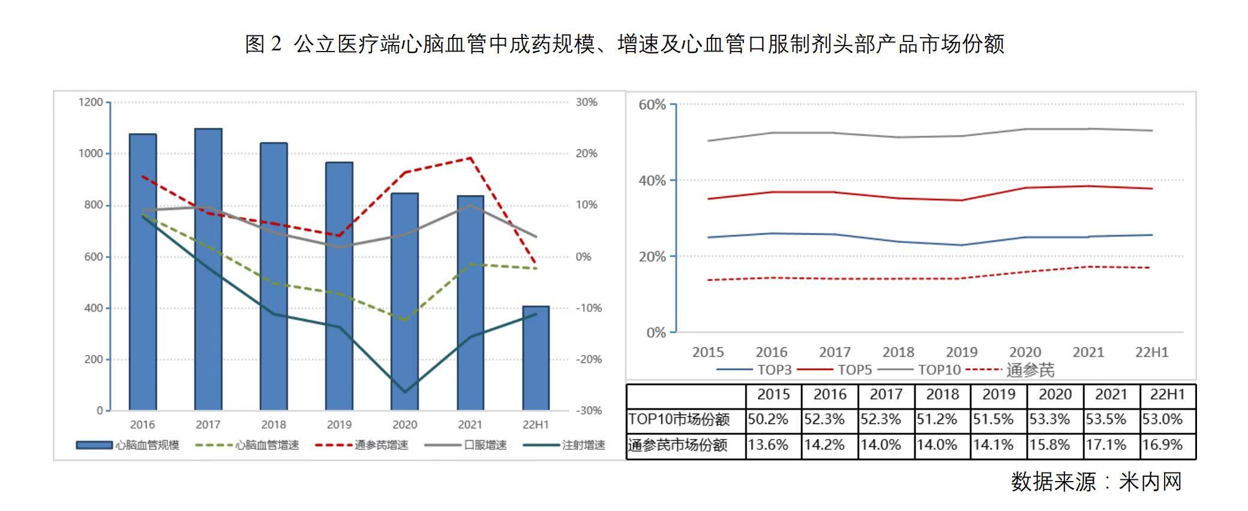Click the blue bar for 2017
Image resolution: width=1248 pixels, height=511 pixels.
(208, 270)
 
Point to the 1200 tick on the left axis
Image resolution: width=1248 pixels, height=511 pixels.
(91, 103)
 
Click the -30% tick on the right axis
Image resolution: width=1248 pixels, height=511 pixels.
(589, 411)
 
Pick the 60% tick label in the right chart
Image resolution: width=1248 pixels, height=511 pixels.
(652, 105)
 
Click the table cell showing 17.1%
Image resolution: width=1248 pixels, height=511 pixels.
(1111, 445)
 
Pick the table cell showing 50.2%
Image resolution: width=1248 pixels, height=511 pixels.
(773, 419)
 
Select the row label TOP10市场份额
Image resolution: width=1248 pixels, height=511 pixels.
(679, 419)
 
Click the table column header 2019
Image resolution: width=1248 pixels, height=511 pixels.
(998, 395)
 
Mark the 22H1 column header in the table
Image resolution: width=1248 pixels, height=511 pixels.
(1167, 395)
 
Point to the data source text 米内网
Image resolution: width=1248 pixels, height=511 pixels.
(1150, 482)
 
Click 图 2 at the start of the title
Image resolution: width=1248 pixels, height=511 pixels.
(263, 44)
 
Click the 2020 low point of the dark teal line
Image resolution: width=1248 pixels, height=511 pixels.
(404, 392)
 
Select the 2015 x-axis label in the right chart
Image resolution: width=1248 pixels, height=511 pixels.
(708, 352)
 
